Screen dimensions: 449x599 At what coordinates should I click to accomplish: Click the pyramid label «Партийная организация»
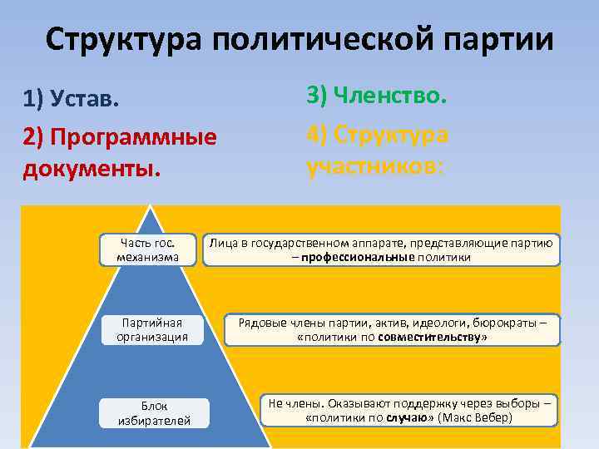point(152,329)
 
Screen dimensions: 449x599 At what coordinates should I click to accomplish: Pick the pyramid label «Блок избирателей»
point(154,413)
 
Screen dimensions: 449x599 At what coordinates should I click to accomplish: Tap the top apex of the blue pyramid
point(153,209)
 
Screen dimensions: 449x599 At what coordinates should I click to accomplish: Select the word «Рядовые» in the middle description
point(260,323)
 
